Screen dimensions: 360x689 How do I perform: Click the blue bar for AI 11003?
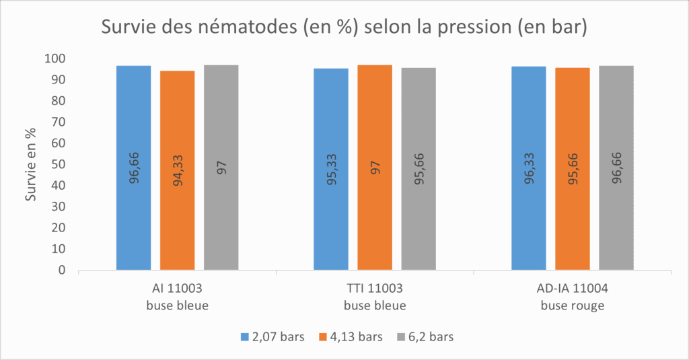(133, 168)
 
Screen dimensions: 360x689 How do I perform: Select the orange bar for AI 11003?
(177, 170)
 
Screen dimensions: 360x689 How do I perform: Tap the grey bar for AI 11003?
(221, 168)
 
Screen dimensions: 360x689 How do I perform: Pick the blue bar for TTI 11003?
(331, 169)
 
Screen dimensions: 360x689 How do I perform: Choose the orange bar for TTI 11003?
(375, 168)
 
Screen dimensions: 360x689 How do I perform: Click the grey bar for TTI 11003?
(419, 169)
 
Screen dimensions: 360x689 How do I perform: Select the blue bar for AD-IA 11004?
(529, 168)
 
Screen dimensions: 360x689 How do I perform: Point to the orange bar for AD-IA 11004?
(573, 169)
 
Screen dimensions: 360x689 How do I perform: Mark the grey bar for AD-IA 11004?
(616, 168)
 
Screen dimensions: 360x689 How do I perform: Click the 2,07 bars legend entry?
(273, 336)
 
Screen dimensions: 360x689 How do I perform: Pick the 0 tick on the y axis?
(62, 270)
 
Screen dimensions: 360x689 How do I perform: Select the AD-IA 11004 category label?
(573, 289)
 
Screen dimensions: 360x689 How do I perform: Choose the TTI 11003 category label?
(375, 289)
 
